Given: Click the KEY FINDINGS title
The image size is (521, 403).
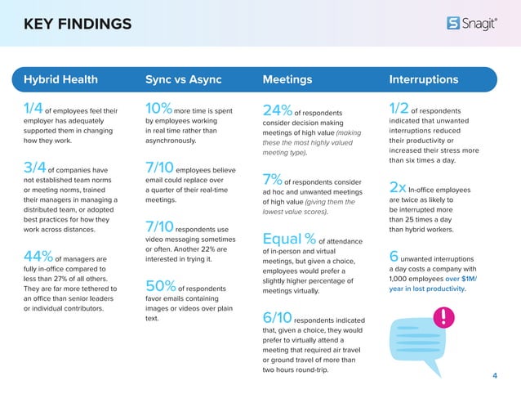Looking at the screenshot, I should (x=78, y=23).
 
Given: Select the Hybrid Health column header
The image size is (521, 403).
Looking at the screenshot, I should (x=61, y=80).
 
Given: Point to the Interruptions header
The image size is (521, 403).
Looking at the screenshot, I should (x=424, y=80).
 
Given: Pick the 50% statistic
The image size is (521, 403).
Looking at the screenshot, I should (x=160, y=288).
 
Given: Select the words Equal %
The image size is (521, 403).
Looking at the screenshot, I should (x=289, y=240).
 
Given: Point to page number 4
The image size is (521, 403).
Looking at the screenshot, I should (x=495, y=375).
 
